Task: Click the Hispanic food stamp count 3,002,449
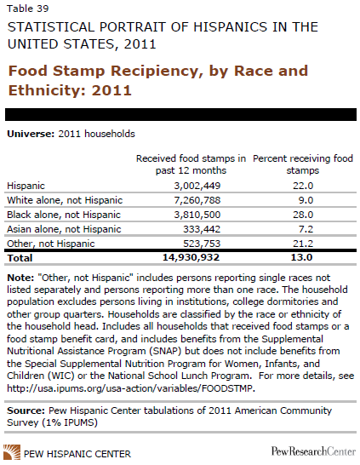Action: (197, 186)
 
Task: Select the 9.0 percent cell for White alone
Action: (306, 200)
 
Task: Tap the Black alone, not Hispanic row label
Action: (64, 215)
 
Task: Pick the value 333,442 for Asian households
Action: (202, 229)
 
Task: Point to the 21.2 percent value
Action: (303, 244)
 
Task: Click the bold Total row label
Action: (20, 258)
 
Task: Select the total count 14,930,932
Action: (191, 257)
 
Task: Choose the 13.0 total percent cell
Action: (301, 257)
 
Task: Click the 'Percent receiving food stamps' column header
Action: (303, 164)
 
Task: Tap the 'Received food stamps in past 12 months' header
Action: (191, 164)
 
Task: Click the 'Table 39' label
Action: (28, 9)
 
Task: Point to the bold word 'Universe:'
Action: (31, 134)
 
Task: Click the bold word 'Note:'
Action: (20, 278)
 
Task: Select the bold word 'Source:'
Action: (26, 410)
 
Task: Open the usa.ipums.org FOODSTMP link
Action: (131, 388)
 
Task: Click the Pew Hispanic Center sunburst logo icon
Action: (12, 452)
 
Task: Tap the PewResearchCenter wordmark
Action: (313, 451)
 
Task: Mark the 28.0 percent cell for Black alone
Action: (303, 215)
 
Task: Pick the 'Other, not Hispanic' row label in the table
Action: (51, 244)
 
